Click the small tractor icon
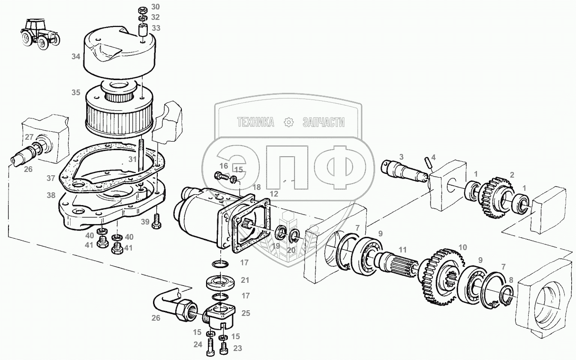point(40,33)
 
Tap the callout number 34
point(76,57)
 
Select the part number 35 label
point(76,93)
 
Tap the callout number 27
point(29,137)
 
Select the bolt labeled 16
point(220,176)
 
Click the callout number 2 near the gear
point(511,175)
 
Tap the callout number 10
point(463,247)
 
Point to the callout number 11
point(403,250)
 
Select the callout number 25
point(245,313)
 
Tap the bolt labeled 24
point(210,349)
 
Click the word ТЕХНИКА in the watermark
point(256,123)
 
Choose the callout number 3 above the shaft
point(401,156)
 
